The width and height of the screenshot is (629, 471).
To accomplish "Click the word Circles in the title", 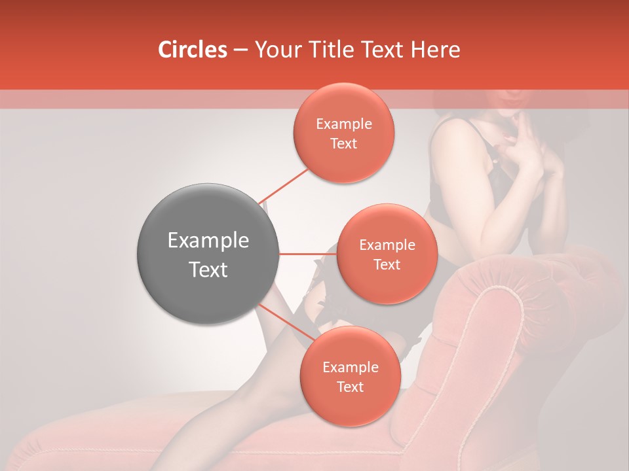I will pyautogui.click(x=192, y=50).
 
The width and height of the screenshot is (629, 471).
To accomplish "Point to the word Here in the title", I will pyautogui.click(x=438, y=50).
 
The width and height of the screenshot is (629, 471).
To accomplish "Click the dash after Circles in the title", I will pyautogui.click(x=240, y=50).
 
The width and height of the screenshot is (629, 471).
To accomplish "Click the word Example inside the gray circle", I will pyautogui.click(x=208, y=241).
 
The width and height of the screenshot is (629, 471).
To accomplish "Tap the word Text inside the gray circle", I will pyautogui.click(x=208, y=270).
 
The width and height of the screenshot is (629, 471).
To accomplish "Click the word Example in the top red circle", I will pyautogui.click(x=343, y=124).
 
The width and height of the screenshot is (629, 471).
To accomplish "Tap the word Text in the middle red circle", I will pyautogui.click(x=387, y=265).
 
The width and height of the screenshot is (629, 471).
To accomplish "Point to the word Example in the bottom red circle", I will pyautogui.click(x=350, y=368).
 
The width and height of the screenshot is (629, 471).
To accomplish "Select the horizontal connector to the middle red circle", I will pyautogui.click(x=307, y=253).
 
